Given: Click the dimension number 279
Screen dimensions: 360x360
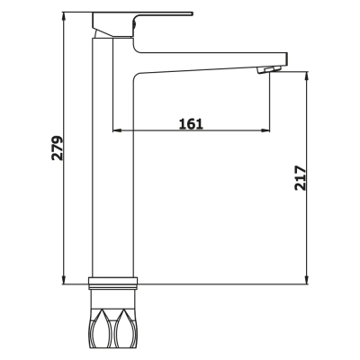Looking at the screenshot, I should pyautogui.click(x=56, y=148).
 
